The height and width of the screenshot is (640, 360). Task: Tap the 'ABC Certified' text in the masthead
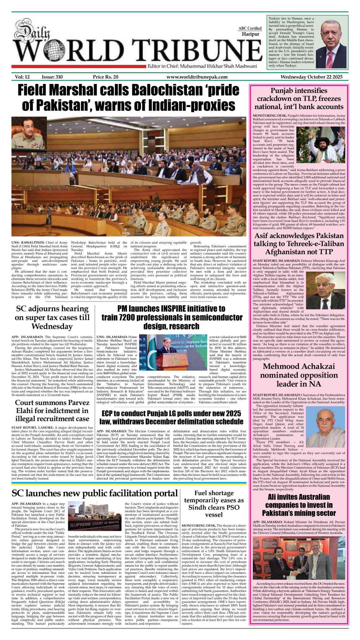point(250,28)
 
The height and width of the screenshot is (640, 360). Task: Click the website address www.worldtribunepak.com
point(197,77)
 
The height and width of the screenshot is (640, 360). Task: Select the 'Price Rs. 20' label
point(106,77)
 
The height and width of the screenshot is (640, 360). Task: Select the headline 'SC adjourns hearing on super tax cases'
point(52,317)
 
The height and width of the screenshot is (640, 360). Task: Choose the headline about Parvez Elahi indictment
point(52,411)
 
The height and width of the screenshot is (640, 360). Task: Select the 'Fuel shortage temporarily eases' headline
point(214,504)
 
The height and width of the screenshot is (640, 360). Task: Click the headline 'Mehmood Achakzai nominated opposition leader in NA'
point(299,375)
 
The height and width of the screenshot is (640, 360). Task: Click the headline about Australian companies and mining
point(299,505)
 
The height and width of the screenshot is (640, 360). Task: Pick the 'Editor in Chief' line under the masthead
point(202,66)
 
